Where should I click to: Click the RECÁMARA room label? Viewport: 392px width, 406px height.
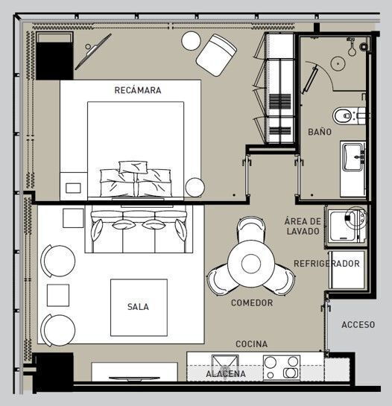coord(138,90)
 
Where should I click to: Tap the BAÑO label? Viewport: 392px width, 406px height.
coord(320,132)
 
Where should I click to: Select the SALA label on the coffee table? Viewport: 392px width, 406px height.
coord(138,307)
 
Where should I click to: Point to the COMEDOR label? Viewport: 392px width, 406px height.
coord(252,302)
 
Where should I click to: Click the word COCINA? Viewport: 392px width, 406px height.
coord(252,344)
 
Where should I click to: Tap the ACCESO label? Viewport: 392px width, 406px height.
coord(358,325)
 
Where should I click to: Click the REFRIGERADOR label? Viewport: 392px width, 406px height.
coord(326,264)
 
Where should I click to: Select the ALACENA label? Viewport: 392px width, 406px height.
coord(226,374)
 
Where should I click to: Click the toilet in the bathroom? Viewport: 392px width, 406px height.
coord(349,115)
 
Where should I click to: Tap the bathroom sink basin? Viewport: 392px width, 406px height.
coord(352,157)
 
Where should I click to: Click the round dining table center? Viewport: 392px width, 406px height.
coord(251,264)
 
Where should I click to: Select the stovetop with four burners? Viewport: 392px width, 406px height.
coord(282,368)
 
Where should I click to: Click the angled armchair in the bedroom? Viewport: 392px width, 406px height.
coord(216,55)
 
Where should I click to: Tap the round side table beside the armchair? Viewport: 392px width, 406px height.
coord(192,41)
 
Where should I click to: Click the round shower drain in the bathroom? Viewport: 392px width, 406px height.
coord(338,63)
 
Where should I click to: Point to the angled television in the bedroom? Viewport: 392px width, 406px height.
coord(93,51)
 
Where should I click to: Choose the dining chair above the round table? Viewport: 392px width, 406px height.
coord(251,229)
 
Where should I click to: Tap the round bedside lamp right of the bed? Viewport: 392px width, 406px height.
coord(195,188)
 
